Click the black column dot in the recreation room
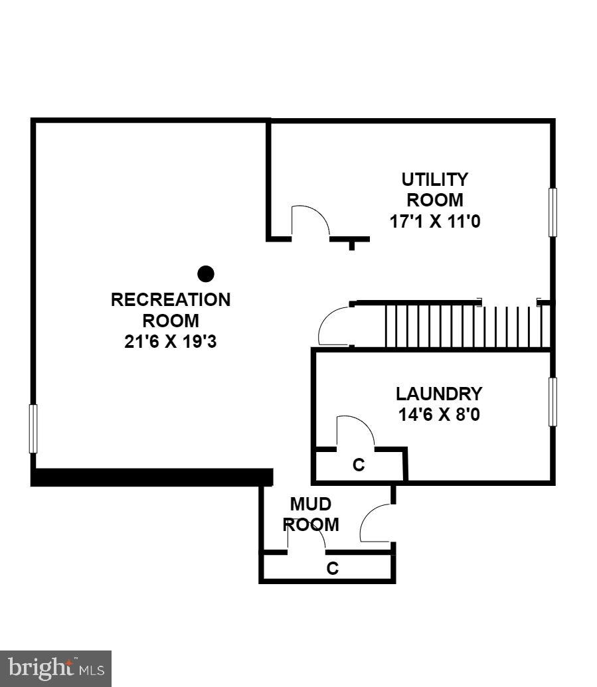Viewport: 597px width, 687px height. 206,273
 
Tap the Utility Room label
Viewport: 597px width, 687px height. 434,189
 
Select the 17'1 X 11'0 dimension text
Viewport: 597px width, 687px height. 434,221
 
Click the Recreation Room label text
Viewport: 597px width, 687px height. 171,310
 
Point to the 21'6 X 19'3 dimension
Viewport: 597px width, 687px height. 171,342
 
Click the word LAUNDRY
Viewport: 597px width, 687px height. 439,394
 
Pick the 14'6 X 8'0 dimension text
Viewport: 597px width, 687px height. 439,415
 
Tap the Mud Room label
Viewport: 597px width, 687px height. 311,514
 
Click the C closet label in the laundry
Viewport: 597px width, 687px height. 359,465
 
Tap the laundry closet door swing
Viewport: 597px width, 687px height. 355,431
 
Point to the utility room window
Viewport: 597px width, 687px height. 553,212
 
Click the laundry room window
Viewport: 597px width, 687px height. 553,402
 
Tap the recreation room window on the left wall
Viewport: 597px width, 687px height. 33,429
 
